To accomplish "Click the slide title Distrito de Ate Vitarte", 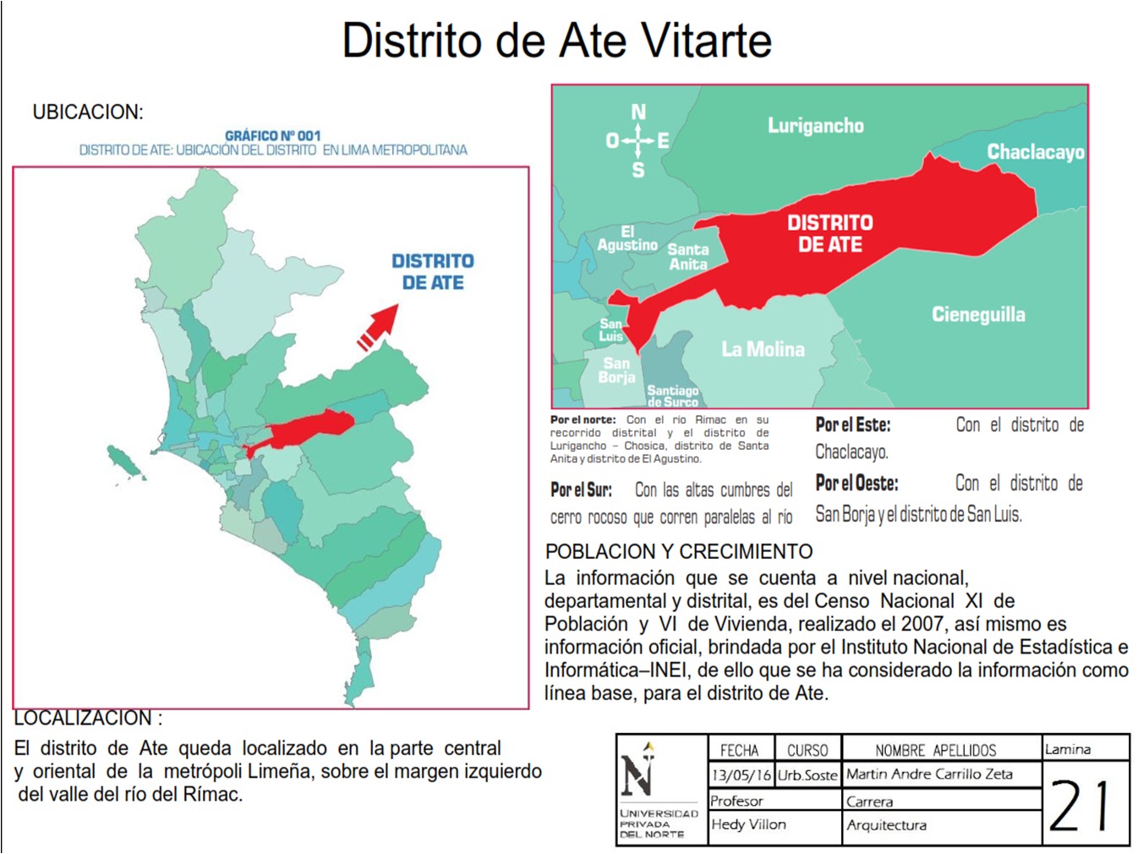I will pos(556,41).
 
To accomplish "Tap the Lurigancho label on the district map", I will pos(815,126).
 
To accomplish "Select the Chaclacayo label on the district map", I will pos(1035,152).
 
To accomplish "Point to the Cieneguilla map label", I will pos(978,315).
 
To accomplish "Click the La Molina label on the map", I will pos(763,349).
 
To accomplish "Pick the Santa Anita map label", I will pos(688,257).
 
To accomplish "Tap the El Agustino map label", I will pos(627,238).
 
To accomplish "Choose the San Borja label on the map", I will pos(616,370).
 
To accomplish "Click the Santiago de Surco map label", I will pos(672,396).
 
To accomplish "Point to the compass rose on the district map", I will pos(637,141).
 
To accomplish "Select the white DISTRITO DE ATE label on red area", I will pos(829,233).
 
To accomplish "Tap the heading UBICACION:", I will pos(88,112).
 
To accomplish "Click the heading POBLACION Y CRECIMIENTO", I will pos(679,551).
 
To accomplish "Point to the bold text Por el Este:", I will pos(852,424).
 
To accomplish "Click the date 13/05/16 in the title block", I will pos(741,775).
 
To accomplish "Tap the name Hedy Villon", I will pos(748,824).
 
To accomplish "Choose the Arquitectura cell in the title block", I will pos(886,825).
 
